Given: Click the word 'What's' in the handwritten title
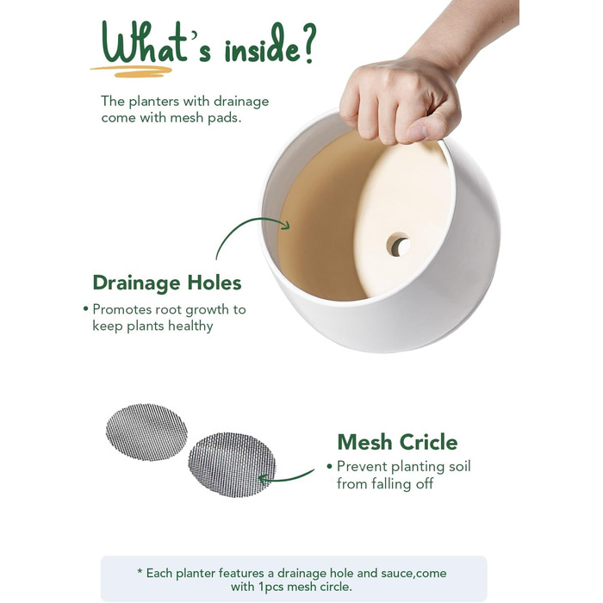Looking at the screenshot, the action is pos(156,43).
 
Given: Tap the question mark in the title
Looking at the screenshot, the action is pos(308,42).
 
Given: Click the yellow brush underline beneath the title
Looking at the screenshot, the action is pos(131,71).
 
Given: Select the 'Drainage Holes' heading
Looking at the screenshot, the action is pos(167,283).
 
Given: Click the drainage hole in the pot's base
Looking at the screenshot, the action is pos(398,245).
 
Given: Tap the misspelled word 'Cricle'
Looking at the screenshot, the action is pos(427,442).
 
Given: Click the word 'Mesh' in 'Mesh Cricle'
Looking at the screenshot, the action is pos(364,442).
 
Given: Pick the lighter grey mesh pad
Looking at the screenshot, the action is pos(146,432).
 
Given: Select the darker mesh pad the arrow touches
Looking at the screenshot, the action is pos(232,464).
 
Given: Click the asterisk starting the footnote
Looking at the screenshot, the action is pos(140,571).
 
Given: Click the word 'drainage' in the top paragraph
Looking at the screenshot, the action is pos(241,102).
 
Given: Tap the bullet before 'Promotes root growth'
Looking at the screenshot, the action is pos(86,308).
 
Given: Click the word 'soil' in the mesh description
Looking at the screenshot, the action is pos(459,466).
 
